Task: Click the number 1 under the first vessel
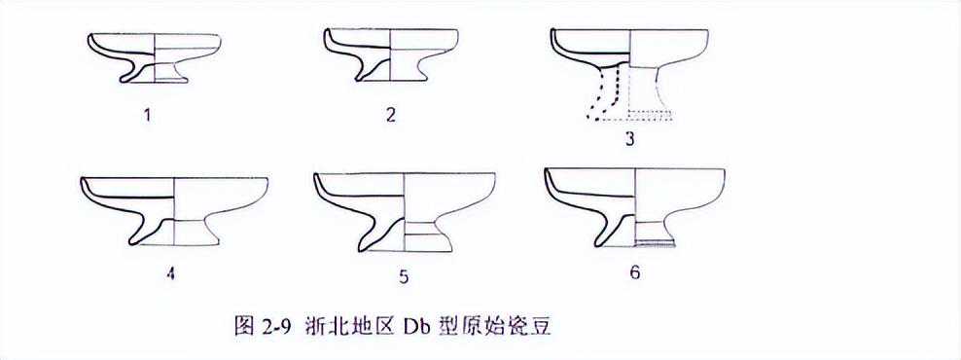tap(148, 115)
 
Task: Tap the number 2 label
tap(391, 115)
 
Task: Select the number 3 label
tap(629, 139)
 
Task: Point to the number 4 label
tap(170, 273)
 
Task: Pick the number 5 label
tap(403, 277)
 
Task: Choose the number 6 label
tap(634, 272)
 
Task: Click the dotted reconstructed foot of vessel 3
tap(631, 92)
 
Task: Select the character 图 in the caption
tap(243, 326)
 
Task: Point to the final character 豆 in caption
tap(542, 326)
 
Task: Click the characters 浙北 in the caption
tap(323, 326)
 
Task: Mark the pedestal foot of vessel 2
tap(390, 69)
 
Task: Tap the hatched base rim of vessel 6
tap(656, 244)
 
